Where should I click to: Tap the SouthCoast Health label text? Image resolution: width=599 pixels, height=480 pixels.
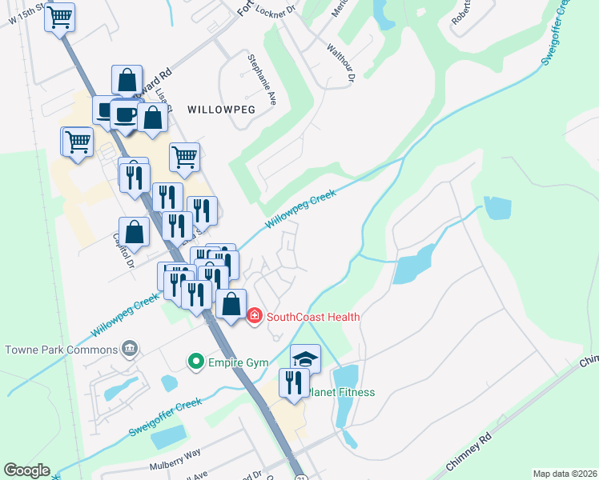coord(313,317)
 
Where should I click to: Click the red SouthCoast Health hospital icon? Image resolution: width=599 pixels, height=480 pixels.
coord(255,317)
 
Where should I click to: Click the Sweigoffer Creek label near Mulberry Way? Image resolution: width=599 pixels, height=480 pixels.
coord(166,417)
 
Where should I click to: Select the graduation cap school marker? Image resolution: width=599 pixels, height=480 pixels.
coord(305,358)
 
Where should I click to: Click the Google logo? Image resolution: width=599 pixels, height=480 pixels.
coord(26,470)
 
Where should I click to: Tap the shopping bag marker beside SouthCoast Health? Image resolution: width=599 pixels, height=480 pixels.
coord(231,304)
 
